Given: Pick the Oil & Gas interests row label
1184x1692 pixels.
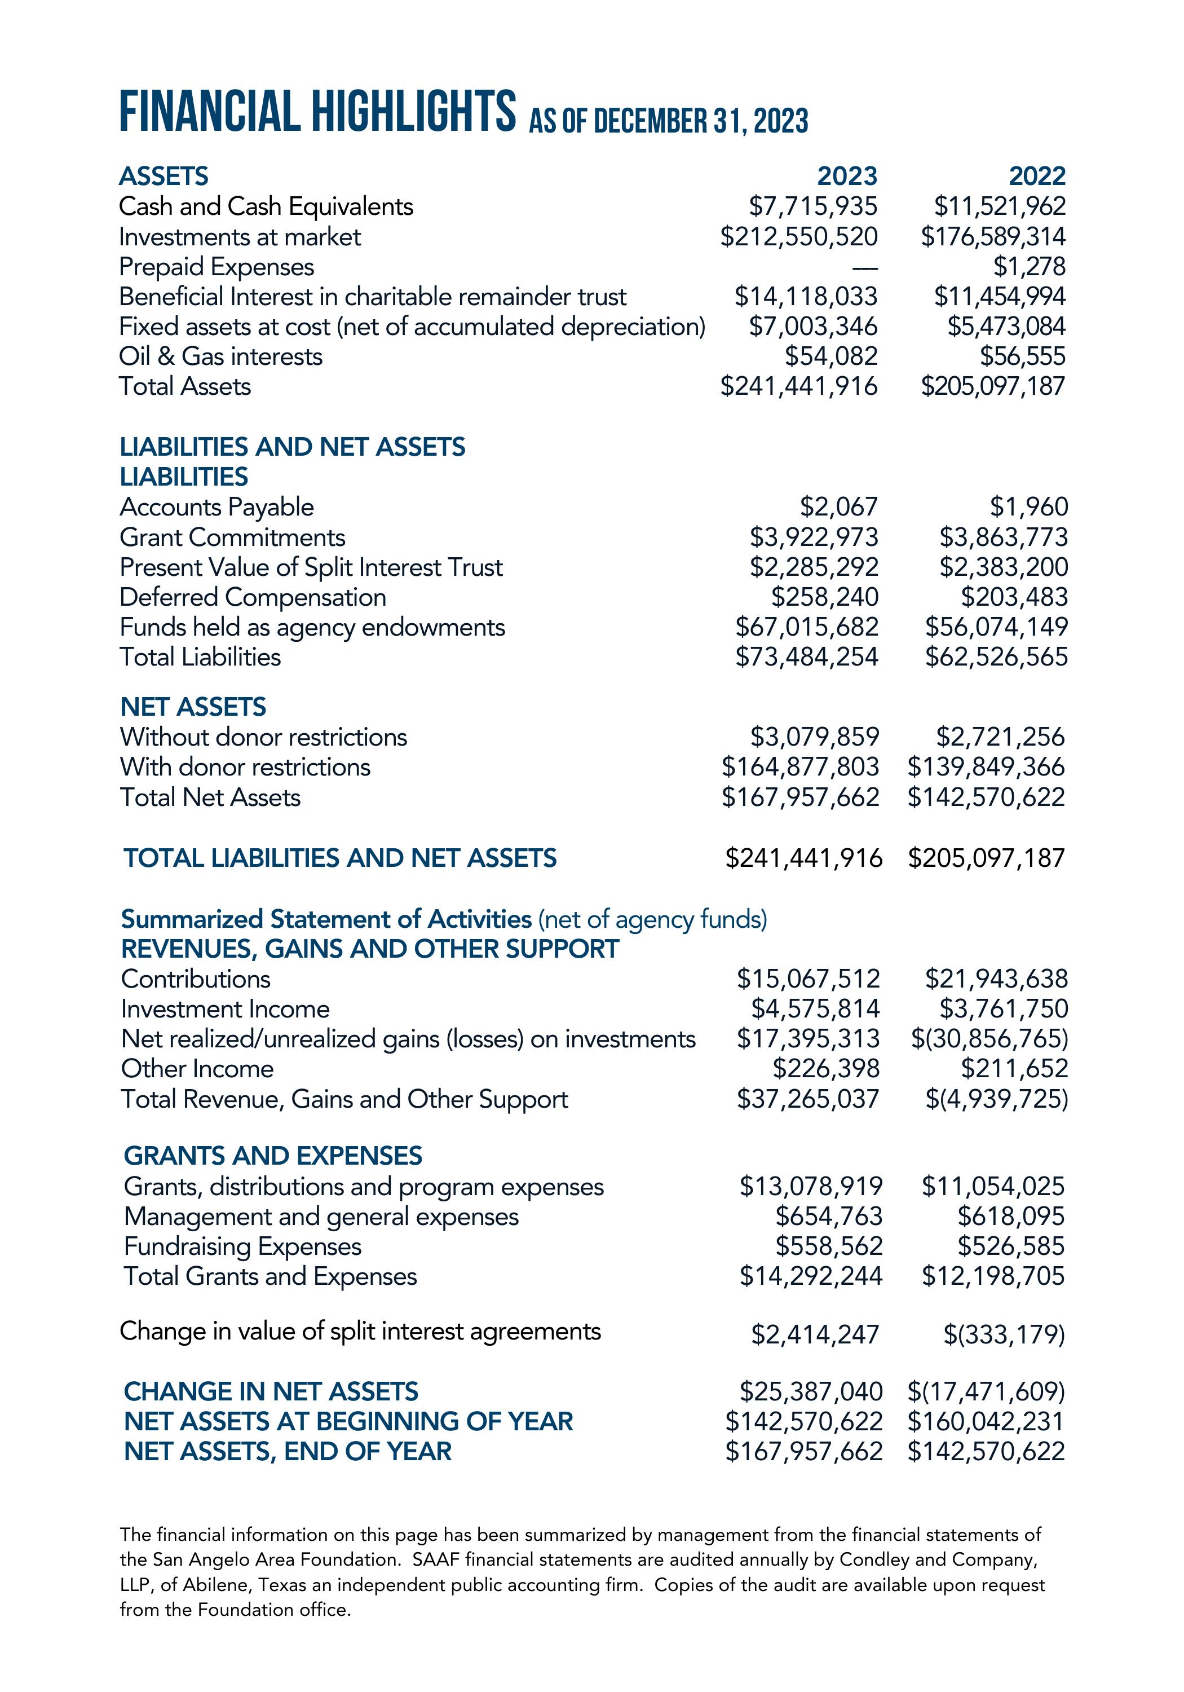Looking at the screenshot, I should coord(220,356).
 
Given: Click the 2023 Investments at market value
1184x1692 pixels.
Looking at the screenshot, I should coord(799,236).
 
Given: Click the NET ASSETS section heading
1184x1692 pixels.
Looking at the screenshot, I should coord(193,707).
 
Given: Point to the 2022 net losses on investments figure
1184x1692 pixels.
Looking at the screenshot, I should coord(989,1039).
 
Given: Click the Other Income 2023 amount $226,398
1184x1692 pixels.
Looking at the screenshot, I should coord(826,1069).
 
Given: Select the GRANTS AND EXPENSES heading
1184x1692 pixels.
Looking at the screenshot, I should coord(273,1156).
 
